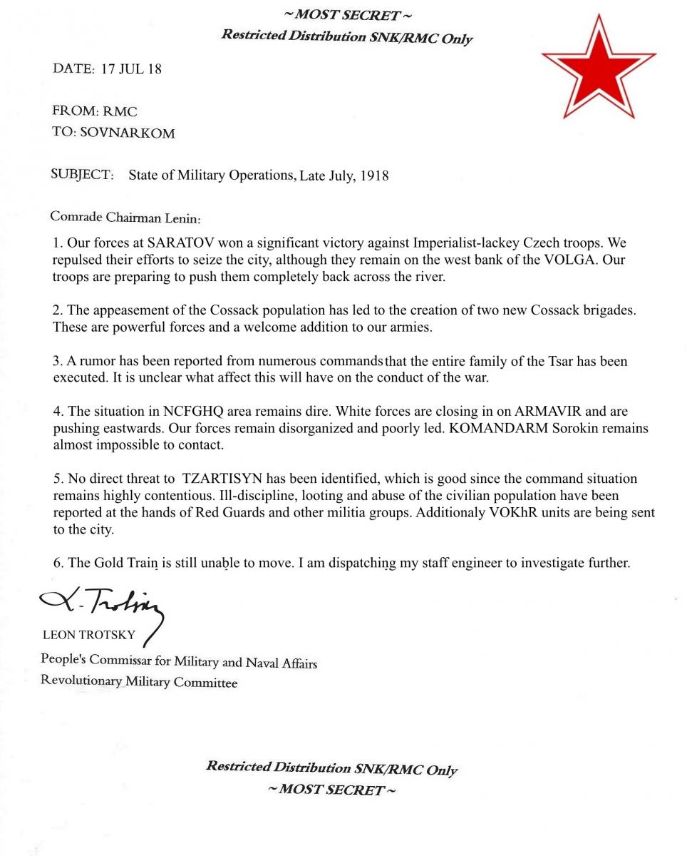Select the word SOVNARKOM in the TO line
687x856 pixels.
(128, 133)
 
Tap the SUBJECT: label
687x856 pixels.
(82, 175)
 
